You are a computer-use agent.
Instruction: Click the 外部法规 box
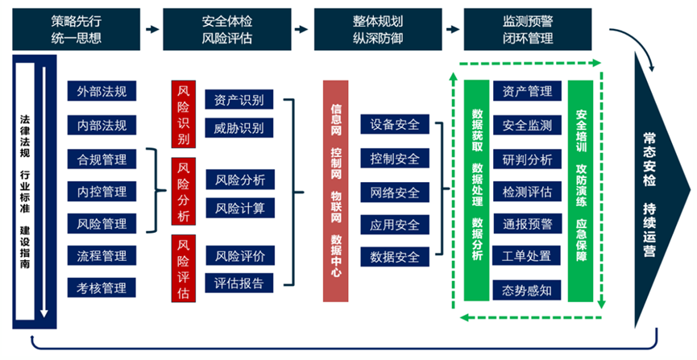(102, 93)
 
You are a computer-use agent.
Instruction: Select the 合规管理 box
(102, 159)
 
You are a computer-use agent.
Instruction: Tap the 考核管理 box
(102, 288)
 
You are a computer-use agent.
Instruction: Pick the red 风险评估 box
(183, 268)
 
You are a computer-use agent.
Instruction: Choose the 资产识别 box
(239, 100)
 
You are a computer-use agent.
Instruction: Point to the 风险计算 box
(239, 208)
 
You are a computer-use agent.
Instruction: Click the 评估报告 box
(239, 283)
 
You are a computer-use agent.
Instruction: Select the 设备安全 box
(394, 125)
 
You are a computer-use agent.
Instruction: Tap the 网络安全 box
(394, 192)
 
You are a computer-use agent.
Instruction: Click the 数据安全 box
(394, 258)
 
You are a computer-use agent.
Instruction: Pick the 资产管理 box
(527, 92)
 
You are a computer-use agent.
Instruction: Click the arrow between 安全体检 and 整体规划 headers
(301, 30)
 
